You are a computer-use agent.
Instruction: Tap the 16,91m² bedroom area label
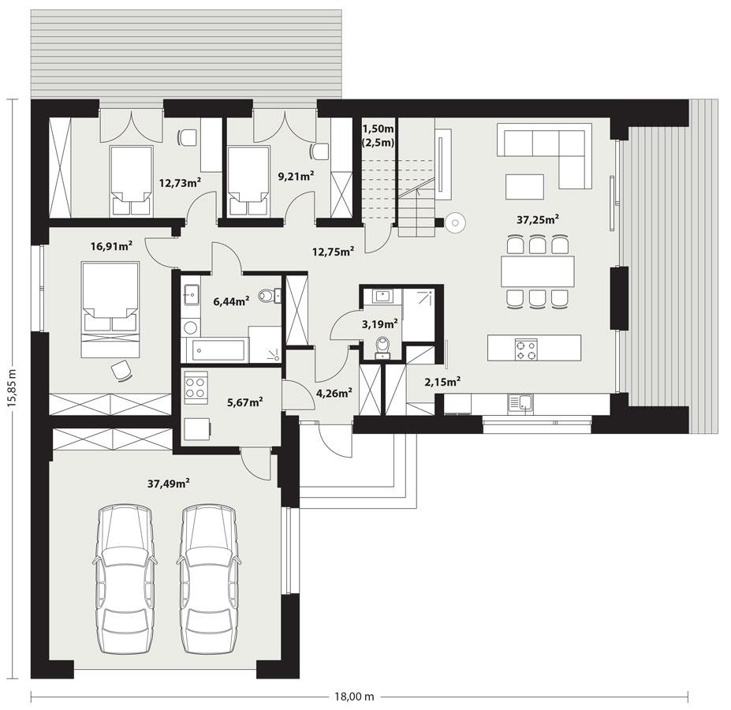(x=111, y=246)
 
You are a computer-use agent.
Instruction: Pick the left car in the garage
(x=124, y=580)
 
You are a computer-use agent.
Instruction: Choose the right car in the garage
(x=208, y=580)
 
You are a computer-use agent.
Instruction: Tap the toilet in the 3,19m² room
(x=383, y=346)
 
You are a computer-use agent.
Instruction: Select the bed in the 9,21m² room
(x=248, y=181)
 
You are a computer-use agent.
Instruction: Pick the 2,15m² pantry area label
(x=442, y=381)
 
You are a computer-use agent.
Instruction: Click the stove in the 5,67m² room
(x=196, y=387)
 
